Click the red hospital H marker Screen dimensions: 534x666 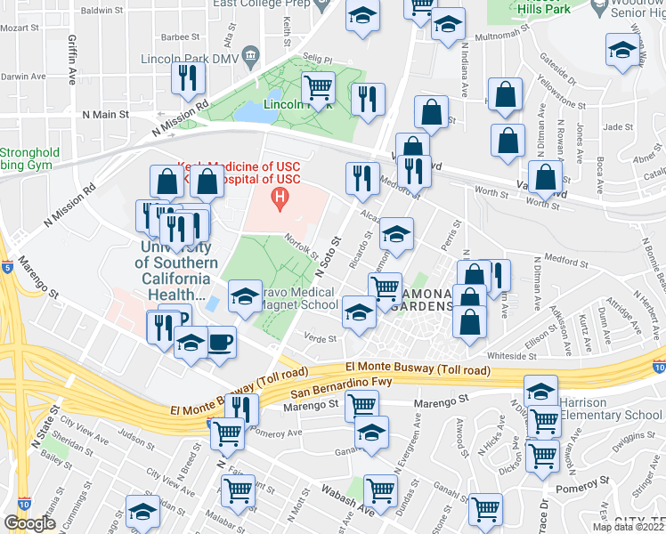(x=280, y=197)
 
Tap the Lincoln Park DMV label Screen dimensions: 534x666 (x=189, y=60)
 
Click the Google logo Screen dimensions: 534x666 (x=30, y=523)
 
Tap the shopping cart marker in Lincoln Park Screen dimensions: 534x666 (x=318, y=87)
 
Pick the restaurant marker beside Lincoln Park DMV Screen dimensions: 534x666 (x=188, y=79)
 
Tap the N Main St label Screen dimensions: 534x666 (x=105, y=115)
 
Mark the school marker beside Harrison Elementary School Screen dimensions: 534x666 (x=540, y=392)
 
